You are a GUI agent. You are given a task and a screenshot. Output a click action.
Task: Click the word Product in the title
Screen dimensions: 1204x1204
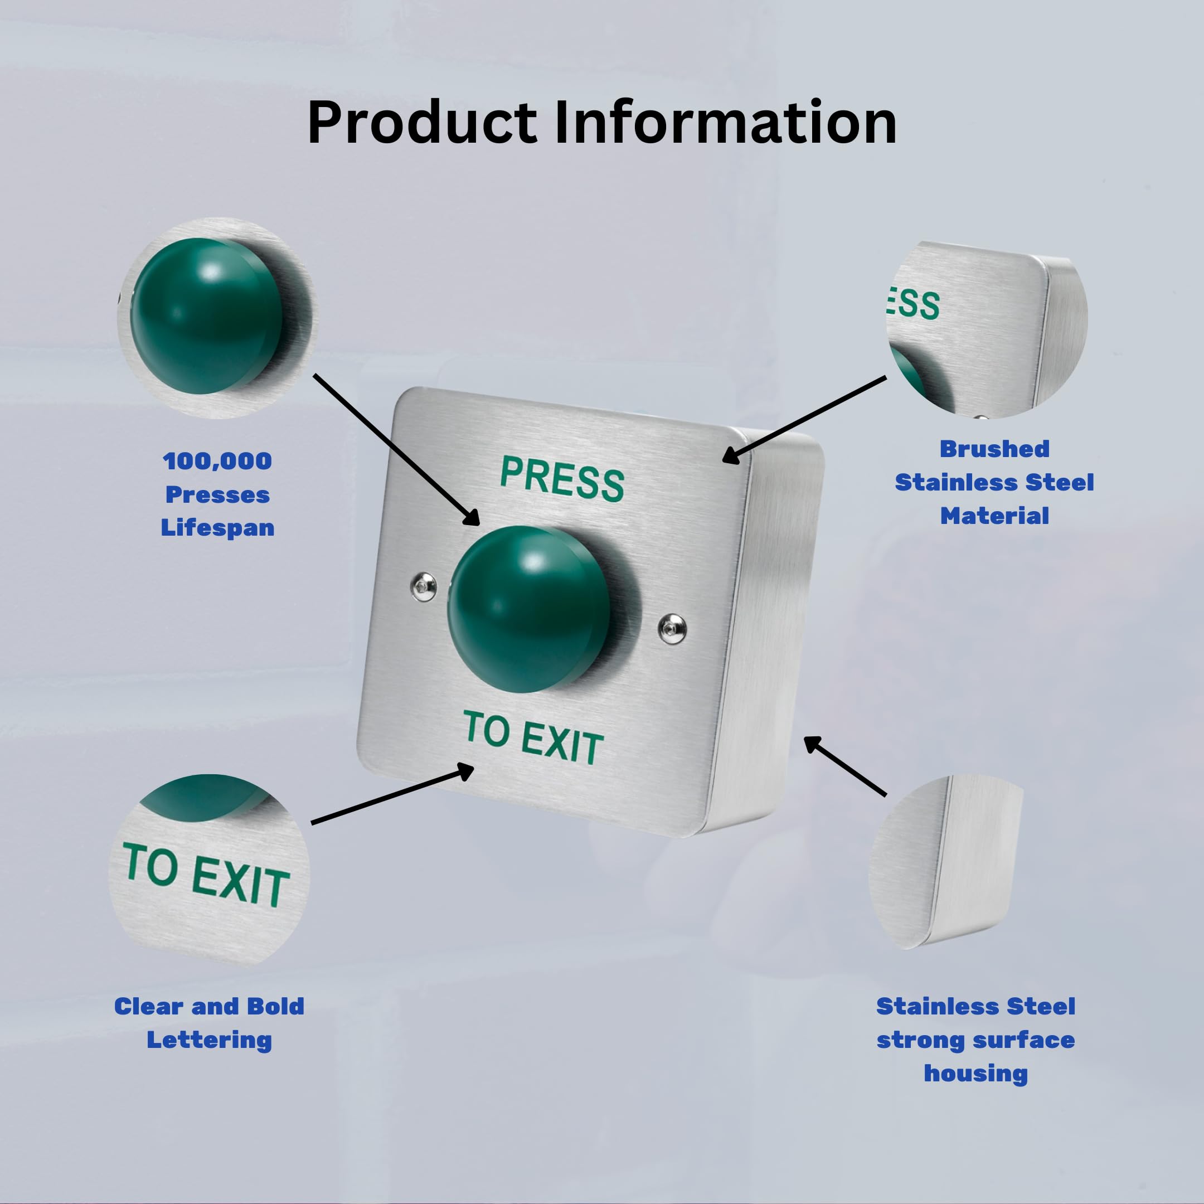(422, 123)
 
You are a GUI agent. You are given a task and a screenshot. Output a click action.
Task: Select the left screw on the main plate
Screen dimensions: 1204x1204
(424, 586)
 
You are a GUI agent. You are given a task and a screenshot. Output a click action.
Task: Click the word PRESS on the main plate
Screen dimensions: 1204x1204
(561, 478)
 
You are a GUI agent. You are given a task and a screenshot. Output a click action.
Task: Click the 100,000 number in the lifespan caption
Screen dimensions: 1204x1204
(217, 461)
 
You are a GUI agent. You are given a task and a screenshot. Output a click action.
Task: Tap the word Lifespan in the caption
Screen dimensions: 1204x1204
(217, 528)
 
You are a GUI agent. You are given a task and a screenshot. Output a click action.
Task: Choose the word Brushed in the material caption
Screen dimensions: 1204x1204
(994, 449)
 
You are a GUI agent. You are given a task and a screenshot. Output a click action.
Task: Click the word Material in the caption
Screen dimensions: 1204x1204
(994, 516)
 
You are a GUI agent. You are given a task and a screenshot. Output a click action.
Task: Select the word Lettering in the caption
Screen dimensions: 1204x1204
(209, 1040)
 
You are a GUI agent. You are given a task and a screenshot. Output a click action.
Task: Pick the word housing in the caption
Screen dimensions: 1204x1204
(975, 1073)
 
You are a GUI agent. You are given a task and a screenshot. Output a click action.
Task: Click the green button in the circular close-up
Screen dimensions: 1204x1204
(207, 316)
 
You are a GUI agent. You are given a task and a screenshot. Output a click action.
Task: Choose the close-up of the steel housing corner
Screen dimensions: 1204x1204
(946, 862)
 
